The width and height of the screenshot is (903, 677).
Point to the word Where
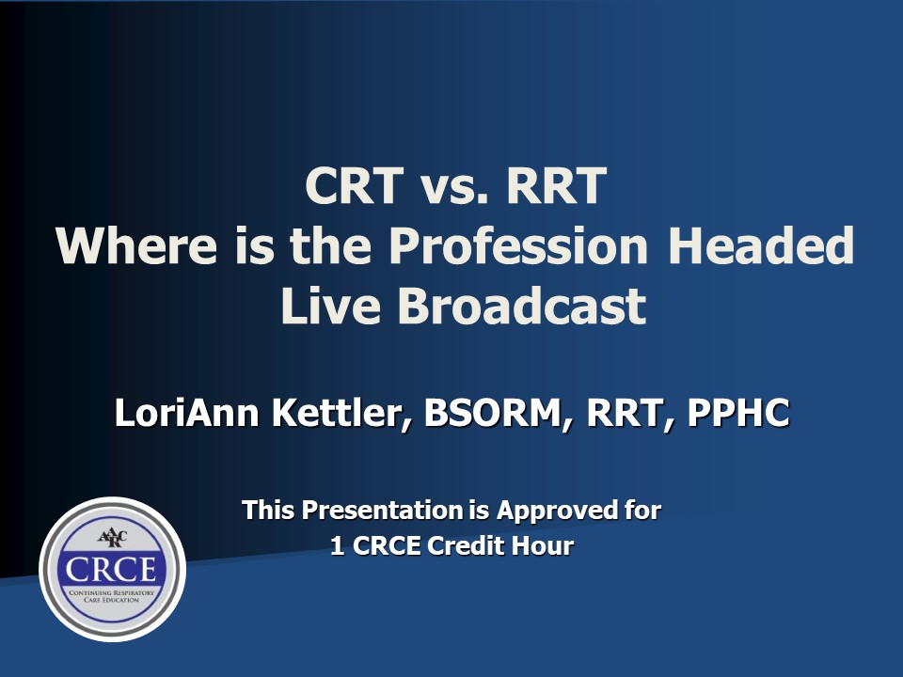coord(133,246)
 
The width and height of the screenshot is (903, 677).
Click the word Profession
coord(518,246)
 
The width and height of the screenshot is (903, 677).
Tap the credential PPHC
coord(738,415)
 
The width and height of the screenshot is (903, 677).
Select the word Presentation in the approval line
coord(381,511)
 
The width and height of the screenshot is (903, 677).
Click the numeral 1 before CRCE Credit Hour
coord(337,546)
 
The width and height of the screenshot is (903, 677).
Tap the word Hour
coord(543,546)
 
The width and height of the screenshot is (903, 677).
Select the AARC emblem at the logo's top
coord(112,538)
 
